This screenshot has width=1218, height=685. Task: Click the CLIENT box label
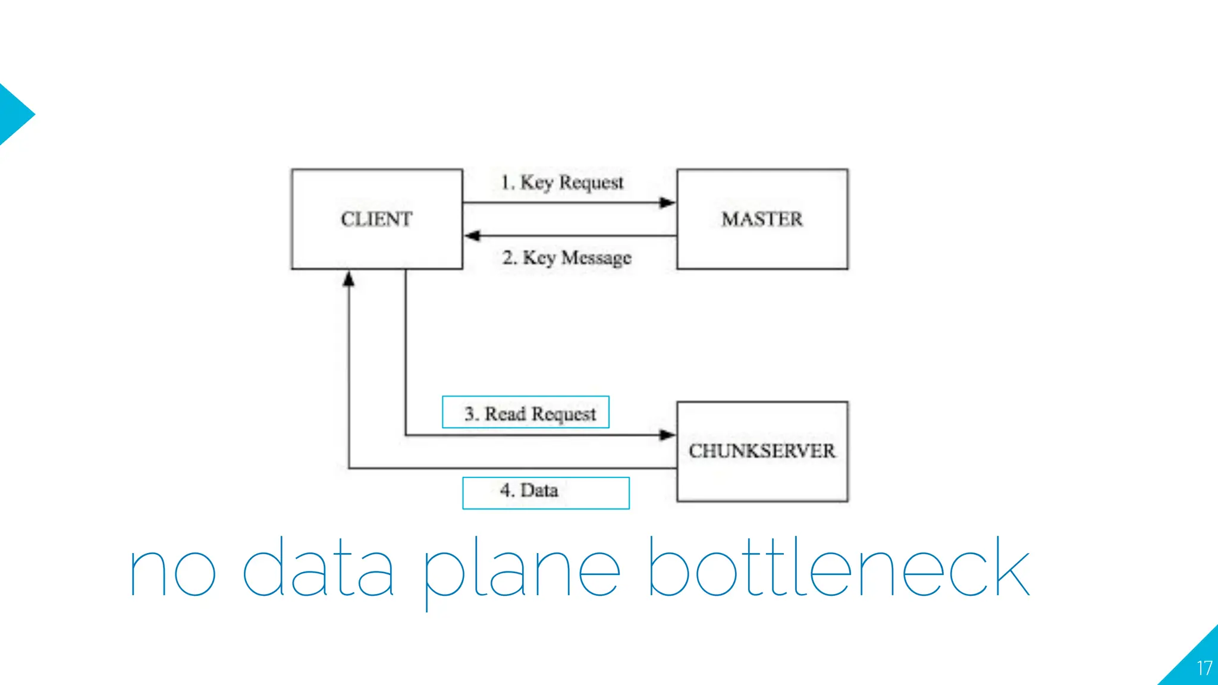point(376,219)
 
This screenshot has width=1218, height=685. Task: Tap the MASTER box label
point(762,219)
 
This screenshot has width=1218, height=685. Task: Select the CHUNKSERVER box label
point(762,451)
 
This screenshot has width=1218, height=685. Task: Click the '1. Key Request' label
point(562,182)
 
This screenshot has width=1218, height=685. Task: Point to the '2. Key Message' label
point(567,257)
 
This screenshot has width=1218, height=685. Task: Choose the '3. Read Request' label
point(529,413)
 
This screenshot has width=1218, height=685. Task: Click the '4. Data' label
point(529,491)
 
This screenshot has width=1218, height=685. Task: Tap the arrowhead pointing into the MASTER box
point(668,203)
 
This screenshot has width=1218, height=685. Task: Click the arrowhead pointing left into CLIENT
point(472,236)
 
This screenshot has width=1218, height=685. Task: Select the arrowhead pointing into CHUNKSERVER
point(668,435)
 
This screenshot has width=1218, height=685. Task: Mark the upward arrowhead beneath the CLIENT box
point(349,279)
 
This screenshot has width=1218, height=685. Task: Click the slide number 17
point(1204,668)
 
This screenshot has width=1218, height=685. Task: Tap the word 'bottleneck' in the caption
point(839,568)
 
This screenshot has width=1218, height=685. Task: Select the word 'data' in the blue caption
point(319,568)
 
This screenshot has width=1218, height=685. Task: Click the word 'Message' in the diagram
point(597,257)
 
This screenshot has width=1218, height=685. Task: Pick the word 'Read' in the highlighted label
point(505,413)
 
